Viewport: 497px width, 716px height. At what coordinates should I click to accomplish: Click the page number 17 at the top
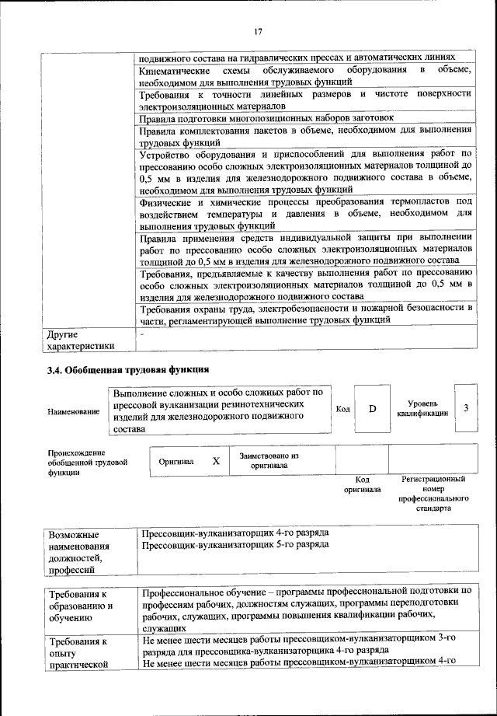tap(258, 31)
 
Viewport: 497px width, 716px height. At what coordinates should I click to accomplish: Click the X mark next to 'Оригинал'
tap(216, 461)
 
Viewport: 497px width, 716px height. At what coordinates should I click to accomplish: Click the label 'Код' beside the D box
tap(342, 409)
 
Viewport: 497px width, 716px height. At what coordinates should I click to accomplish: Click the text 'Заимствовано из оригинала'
tap(269, 460)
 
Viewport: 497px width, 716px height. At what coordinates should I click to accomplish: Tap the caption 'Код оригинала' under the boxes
tap(361, 485)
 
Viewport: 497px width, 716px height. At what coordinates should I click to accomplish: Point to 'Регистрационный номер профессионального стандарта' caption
tap(433, 496)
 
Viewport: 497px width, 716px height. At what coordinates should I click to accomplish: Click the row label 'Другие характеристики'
tap(81, 340)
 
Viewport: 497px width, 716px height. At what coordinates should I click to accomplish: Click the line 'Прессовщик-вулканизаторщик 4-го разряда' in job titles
tap(235, 533)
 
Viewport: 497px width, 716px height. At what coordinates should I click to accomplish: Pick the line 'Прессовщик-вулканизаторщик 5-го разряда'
tap(235, 544)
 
